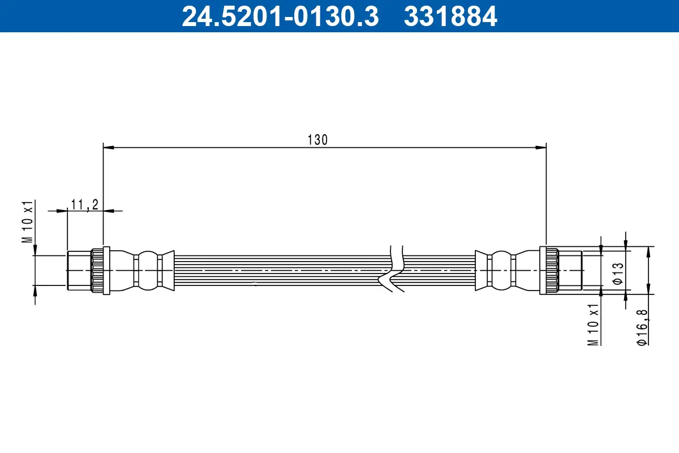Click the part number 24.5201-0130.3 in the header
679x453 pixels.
[280, 16]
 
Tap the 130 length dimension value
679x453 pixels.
[317, 140]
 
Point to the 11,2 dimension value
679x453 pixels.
[85, 204]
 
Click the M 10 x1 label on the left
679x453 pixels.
[28, 221]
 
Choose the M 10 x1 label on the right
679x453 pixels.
[593, 324]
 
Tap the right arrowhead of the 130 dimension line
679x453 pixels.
[541, 147]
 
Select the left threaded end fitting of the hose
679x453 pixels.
[79, 271]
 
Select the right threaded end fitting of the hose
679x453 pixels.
[570, 271]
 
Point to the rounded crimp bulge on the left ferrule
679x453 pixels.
[148, 271]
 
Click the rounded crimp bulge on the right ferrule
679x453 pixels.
[501, 271]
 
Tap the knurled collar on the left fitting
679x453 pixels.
[98, 271]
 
